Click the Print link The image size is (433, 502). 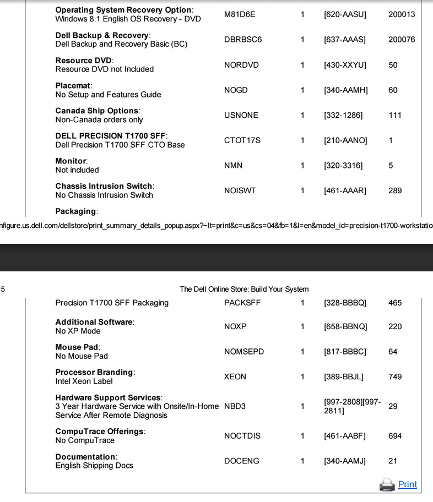coord(407,484)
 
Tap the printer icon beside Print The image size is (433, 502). coord(387,484)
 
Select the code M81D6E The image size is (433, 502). coord(240,14)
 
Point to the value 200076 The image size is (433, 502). coord(402,40)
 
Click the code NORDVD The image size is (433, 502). coord(241,65)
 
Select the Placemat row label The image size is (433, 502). coord(73,86)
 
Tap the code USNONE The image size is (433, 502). coord(241,116)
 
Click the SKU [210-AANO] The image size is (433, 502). coord(345,141)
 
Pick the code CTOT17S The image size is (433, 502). coord(242,141)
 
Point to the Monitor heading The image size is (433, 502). coord(71,161)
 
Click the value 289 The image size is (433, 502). coord(395,191)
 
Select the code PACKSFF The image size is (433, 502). coord(242,303)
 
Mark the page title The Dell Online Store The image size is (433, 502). coord(244,289)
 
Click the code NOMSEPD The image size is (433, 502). coord(244,352)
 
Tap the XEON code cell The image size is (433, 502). coord(235,377)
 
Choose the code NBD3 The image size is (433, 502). coord(235,407)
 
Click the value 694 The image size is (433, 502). coord(395,436)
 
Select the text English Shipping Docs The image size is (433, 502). coord(94,466)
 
